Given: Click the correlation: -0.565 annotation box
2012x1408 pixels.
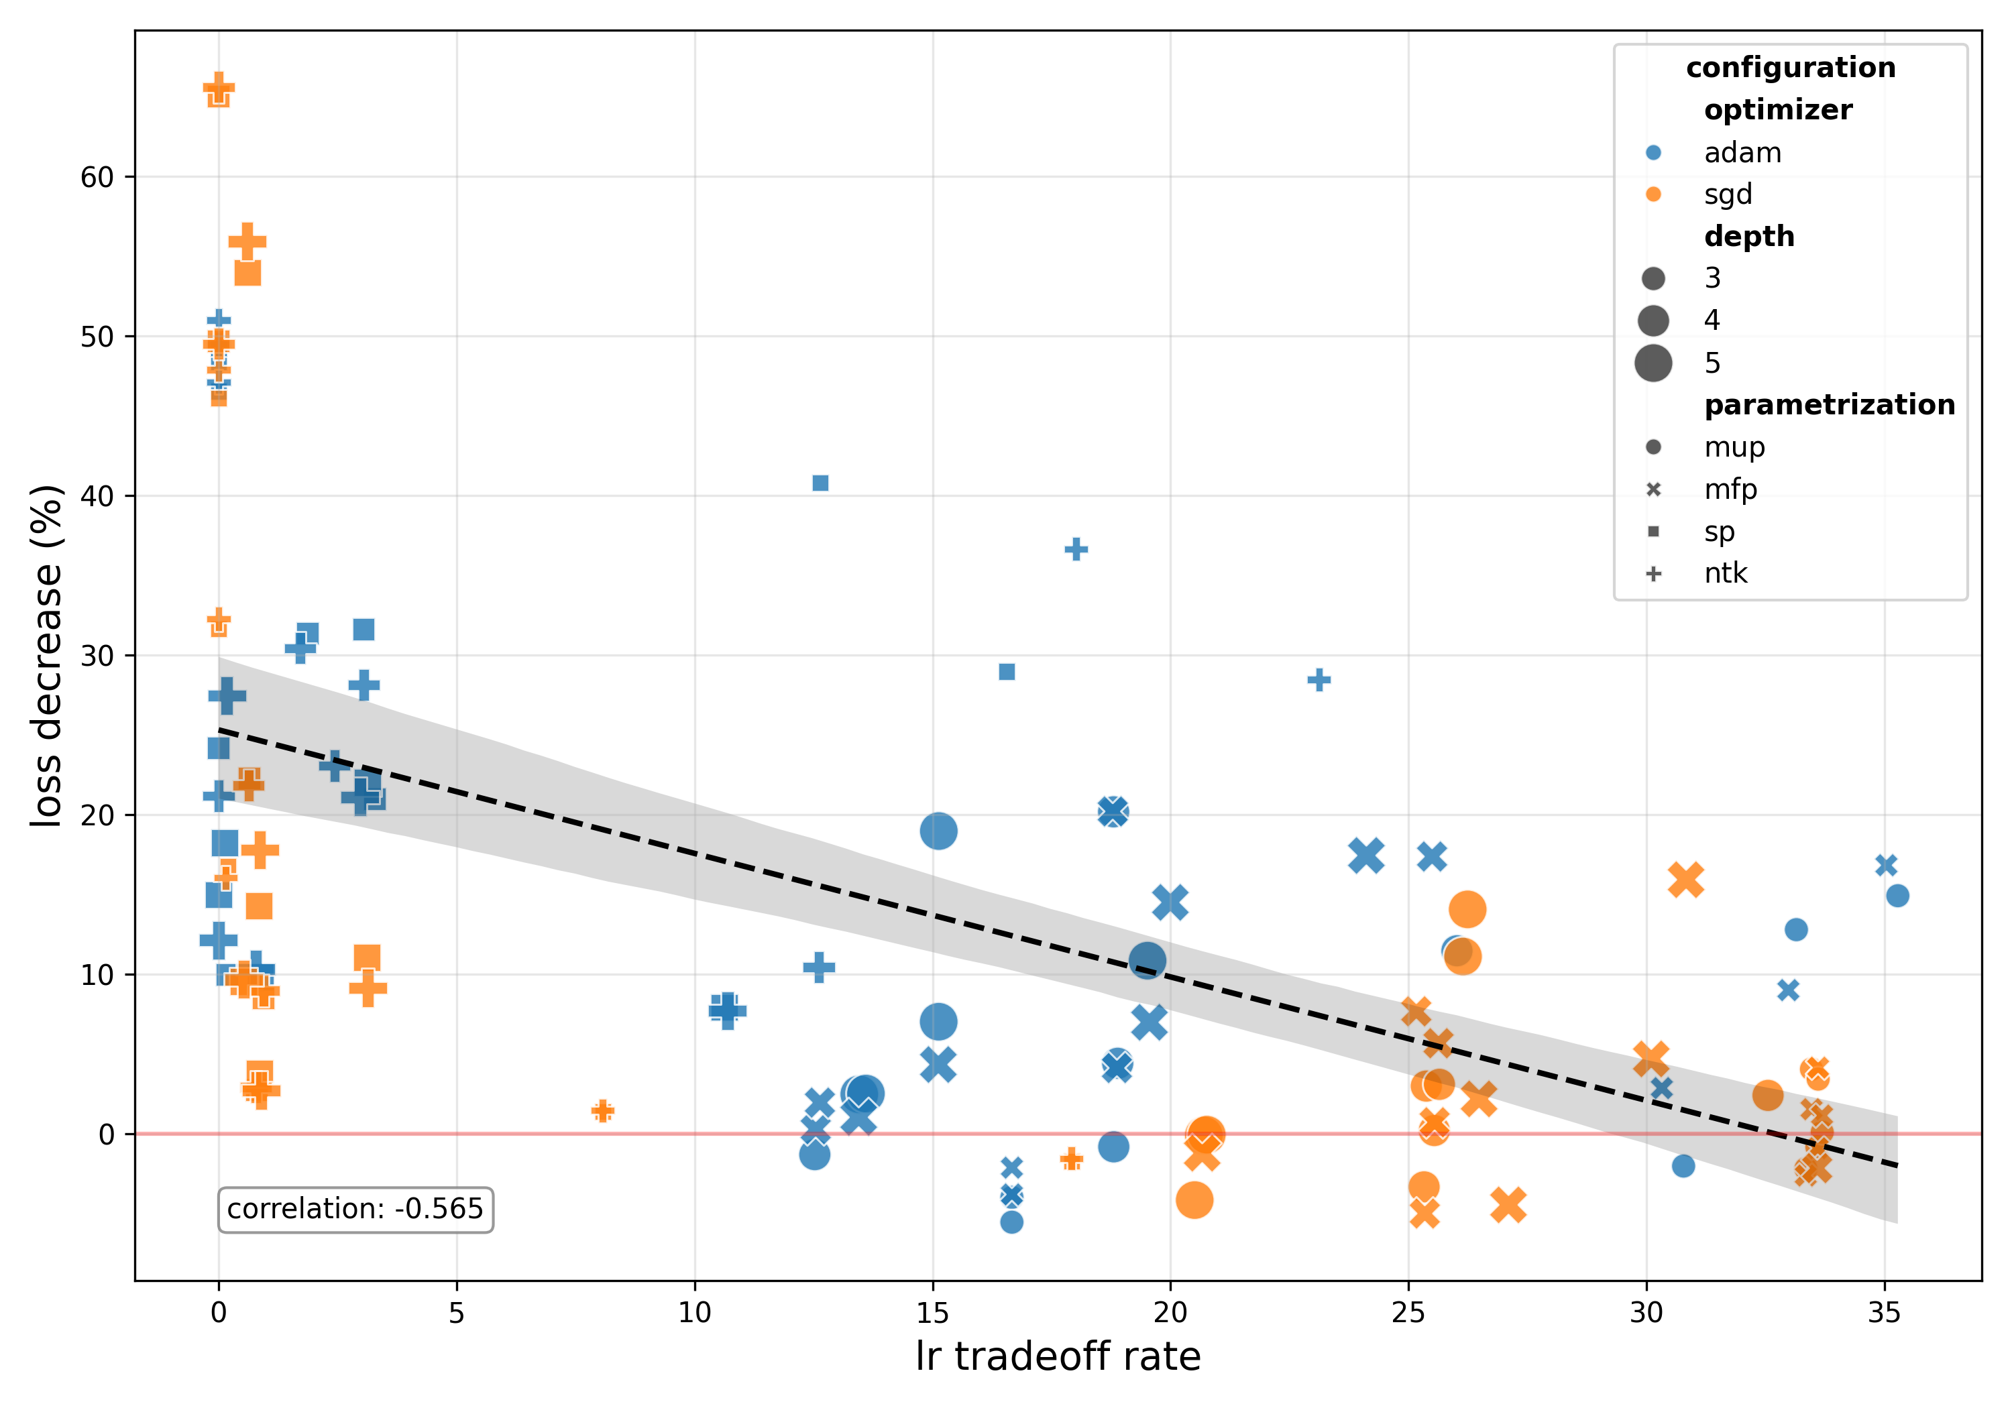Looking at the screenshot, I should coord(355,1209).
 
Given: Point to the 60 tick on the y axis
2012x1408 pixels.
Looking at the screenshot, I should coord(97,177).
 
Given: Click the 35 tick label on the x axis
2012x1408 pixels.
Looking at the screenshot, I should coord(1884,1313).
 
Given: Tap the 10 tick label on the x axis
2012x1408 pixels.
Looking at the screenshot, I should coord(695,1313).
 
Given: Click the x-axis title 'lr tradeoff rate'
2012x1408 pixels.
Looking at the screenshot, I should coord(1058,1356).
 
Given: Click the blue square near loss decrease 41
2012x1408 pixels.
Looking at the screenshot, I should coord(820,483).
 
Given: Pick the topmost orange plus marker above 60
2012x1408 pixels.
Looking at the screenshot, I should coord(218,89).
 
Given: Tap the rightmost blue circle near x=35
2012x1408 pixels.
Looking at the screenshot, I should coord(1897,896).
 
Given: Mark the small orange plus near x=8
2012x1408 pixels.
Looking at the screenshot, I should coord(602,1111).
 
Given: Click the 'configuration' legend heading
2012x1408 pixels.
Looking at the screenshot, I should coord(1790,68).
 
